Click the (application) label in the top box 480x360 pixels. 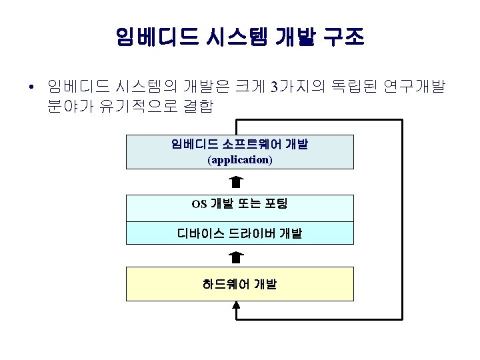[240, 160]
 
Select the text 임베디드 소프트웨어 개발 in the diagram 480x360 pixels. [240, 145]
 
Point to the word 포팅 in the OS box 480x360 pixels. [275, 203]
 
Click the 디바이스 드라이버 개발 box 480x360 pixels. [240, 233]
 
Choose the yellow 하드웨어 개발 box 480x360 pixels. [240, 284]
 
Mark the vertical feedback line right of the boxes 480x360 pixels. [402, 220]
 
